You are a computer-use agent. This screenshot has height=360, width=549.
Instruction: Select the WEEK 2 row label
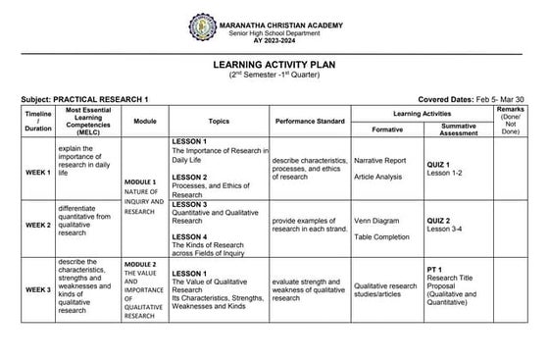[38, 225]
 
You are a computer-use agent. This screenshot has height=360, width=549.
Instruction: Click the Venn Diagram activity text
[376, 222]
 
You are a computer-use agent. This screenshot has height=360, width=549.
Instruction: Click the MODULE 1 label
[140, 182]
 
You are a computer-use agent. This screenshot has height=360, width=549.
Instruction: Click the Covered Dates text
[465, 100]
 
